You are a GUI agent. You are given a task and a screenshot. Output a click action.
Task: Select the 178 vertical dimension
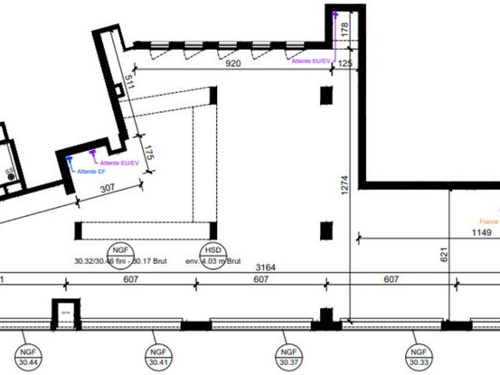tap(344, 30)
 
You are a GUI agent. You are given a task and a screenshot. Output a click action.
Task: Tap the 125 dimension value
tap(345, 64)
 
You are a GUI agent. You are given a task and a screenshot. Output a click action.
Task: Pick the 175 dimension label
tap(149, 153)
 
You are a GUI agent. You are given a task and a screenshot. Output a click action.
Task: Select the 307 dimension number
tap(108, 187)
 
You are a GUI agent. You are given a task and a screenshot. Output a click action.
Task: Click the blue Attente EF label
tap(92, 171)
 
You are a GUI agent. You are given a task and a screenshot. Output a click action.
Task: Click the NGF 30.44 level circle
tap(26, 356)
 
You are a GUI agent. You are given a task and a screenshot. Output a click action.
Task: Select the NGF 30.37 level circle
tap(287, 356)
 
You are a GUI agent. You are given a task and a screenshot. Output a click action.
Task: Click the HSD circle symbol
tap(211, 250)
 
